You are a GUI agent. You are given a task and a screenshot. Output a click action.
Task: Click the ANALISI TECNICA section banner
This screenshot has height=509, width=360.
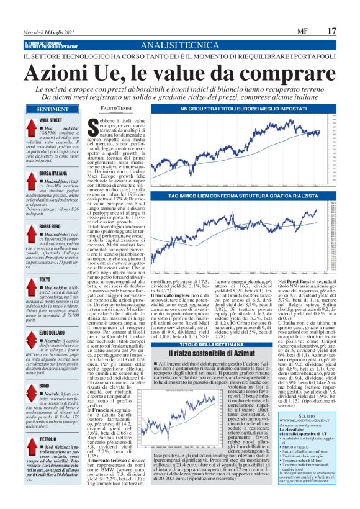[x=180, y=45]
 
